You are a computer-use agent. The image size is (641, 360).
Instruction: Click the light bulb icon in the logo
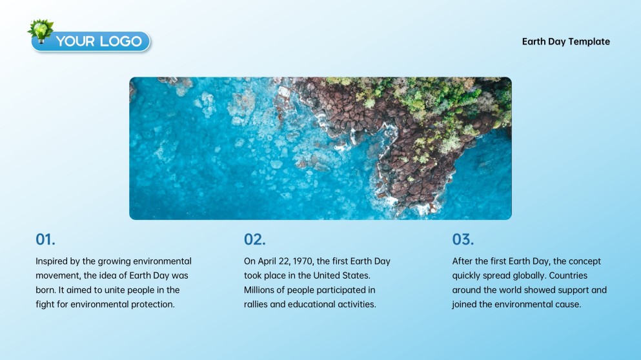[x=41, y=32]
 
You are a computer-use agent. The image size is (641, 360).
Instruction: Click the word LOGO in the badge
[x=121, y=41]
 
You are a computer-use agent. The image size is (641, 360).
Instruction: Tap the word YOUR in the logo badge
[x=76, y=41]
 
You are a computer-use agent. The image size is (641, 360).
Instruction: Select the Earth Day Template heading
[x=565, y=42]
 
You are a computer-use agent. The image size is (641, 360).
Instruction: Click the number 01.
[x=45, y=239]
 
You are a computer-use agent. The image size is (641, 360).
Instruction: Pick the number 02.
[x=255, y=239]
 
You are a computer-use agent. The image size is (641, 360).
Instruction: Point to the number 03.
[x=463, y=239]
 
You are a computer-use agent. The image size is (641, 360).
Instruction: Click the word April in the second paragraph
[x=267, y=261]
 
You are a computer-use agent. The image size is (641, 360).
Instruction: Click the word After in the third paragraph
[x=462, y=261]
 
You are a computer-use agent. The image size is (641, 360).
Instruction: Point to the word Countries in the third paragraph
[x=568, y=275]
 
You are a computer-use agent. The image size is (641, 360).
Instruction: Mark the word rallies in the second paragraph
[x=256, y=305]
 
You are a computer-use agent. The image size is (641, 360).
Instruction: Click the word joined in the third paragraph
[x=464, y=305]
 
